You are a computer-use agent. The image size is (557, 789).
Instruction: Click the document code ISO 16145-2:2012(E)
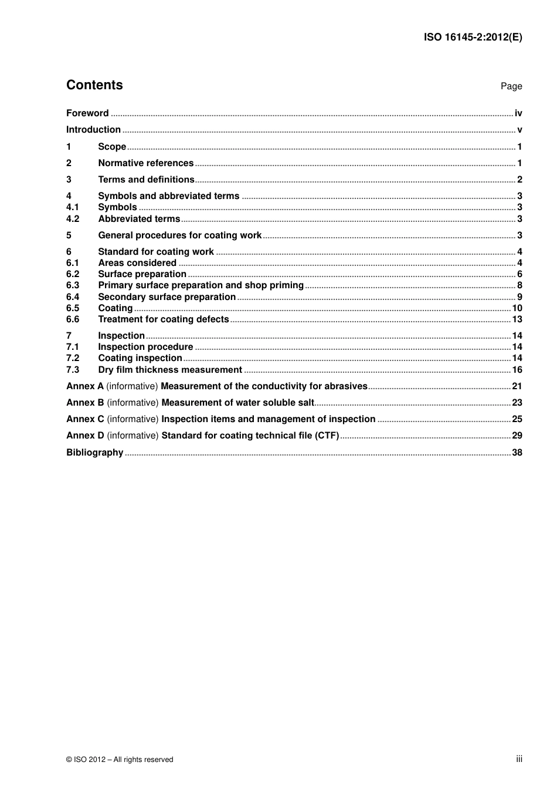click(473, 37)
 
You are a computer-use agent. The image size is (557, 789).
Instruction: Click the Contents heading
click(94, 85)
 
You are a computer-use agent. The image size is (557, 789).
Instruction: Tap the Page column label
click(511, 86)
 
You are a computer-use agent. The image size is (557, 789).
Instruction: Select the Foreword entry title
click(87, 113)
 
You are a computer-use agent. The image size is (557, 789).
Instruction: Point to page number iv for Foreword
click(518, 113)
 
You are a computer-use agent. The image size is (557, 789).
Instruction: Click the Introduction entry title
click(93, 130)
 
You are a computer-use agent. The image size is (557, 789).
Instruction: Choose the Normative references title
click(145, 163)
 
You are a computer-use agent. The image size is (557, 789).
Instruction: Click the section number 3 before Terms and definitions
click(69, 180)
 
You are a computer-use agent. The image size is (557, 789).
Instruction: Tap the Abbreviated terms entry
click(139, 219)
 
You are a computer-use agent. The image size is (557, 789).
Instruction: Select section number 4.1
click(72, 207)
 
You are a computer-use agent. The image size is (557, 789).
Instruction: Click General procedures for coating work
click(179, 235)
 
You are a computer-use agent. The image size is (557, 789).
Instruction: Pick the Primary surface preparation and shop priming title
click(201, 285)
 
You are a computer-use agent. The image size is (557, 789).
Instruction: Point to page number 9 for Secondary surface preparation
click(519, 297)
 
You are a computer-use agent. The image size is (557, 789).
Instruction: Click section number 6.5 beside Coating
click(72, 308)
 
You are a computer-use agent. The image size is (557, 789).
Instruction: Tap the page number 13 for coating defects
click(517, 319)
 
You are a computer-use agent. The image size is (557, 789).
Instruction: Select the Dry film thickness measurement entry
click(170, 370)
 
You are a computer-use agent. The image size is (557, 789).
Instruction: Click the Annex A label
click(84, 386)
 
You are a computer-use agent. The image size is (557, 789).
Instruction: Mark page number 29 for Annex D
click(517, 436)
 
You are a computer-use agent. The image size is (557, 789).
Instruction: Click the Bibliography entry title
click(94, 453)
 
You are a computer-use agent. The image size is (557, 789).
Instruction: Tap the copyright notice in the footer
click(120, 760)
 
